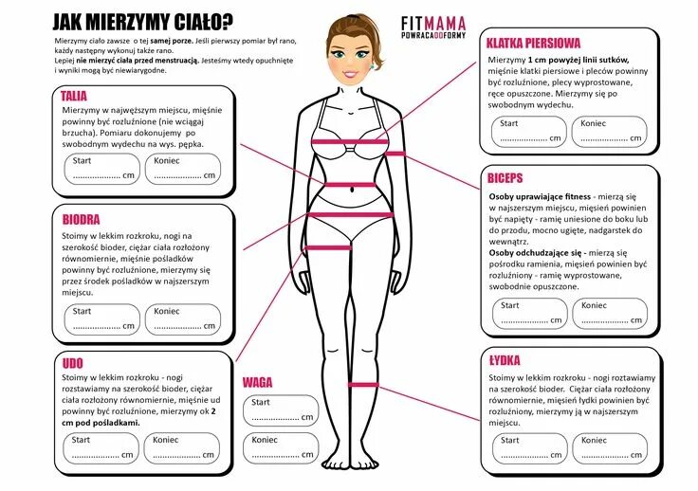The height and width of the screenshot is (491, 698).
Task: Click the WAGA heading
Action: click(x=257, y=382)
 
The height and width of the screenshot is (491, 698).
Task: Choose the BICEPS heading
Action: click(x=505, y=177)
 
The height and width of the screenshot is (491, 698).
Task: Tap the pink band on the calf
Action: click(x=365, y=384)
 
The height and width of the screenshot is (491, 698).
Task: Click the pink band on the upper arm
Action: click(x=395, y=154)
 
